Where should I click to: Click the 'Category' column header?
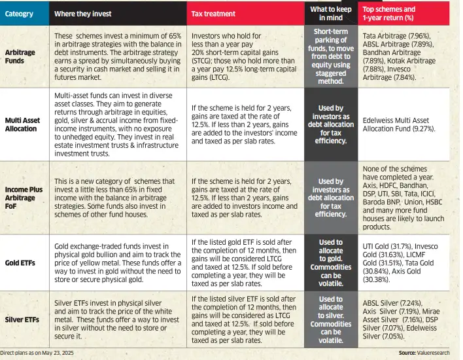pyautogui.click(x=19, y=14)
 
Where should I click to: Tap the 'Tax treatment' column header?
pyautogui.click(x=213, y=14)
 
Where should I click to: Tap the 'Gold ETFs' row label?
pyautogui.click(x=20, y=262)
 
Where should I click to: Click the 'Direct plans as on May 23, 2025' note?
pyautogui.click(x=37, y=353)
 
